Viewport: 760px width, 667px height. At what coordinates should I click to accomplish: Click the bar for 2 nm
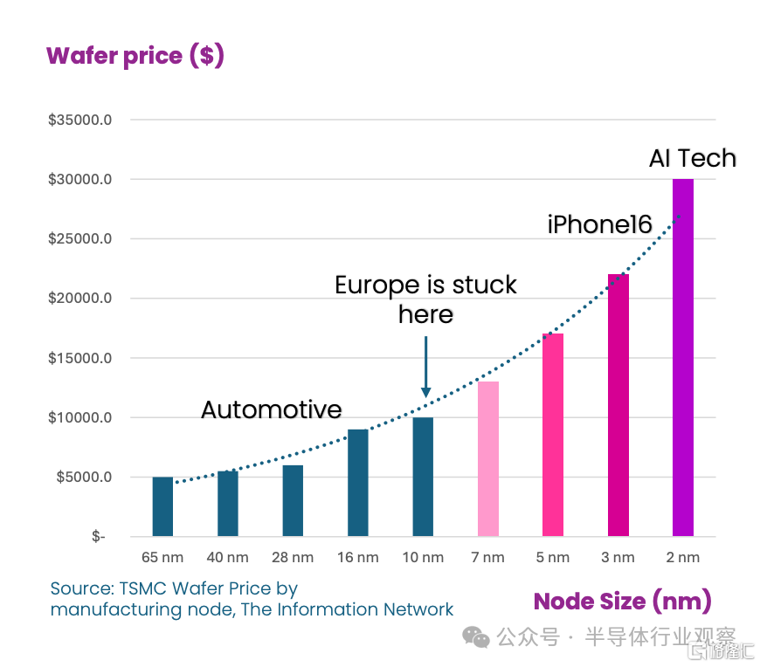(x=683, y=357)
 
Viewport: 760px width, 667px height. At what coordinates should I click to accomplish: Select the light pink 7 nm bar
(x=488, y=458)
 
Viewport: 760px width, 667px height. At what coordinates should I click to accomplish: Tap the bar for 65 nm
(x=162, y=506)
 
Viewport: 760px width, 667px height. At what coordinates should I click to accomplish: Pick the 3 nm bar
(x=618, y=405)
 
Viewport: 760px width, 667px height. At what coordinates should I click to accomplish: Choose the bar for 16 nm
(x=358, y=483)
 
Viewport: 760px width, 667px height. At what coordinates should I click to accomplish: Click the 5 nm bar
(x=553, y=435)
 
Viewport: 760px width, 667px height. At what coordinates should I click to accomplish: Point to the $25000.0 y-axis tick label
(x=80, y=238)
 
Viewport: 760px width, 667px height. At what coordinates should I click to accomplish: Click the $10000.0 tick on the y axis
(x=80, y=417)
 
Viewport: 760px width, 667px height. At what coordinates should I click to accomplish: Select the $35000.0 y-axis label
(x=80, y=120)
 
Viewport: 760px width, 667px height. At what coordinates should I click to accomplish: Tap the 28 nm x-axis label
(x=293, y=558)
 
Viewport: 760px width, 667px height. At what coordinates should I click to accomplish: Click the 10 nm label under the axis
(x=423, y=558)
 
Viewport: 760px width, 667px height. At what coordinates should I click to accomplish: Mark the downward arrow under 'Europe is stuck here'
(x=426, y=367)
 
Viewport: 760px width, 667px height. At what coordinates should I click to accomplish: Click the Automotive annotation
(x=272, y=409)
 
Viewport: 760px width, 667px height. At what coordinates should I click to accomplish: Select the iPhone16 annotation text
(x=600, y=224)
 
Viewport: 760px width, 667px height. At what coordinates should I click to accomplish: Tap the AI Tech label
(x=693, y=158)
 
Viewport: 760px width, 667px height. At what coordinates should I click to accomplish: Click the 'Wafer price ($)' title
(x=135, y=56)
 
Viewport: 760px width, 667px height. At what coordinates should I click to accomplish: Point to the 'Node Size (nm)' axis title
(x=622, y=602)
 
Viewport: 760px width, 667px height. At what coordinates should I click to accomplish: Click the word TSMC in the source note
(x=143, y=588)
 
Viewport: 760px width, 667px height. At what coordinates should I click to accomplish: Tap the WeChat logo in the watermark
(x=476, y=637)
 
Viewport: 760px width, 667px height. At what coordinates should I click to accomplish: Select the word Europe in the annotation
(x=377, y=285)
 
